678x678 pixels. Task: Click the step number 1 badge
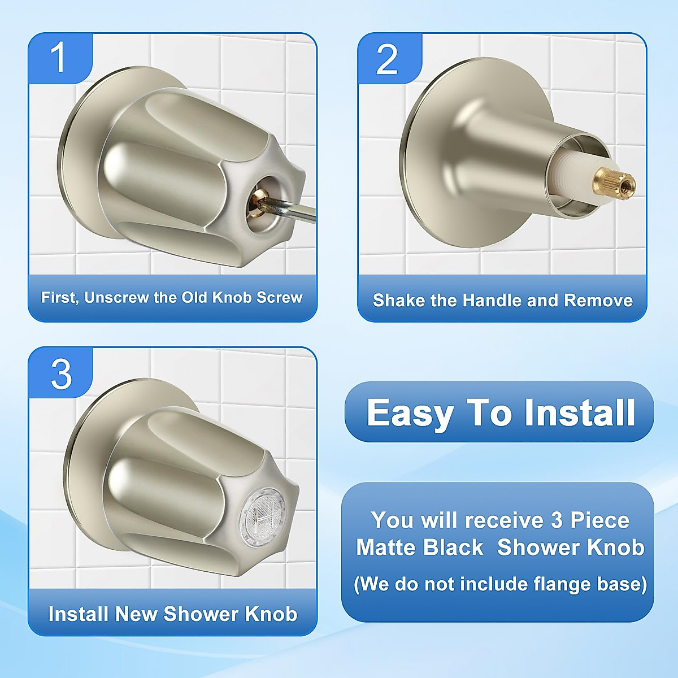(59, 58)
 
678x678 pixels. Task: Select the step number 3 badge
(61, 373)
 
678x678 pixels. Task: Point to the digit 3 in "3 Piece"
(557, 520)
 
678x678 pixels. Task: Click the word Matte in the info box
(385, 547)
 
